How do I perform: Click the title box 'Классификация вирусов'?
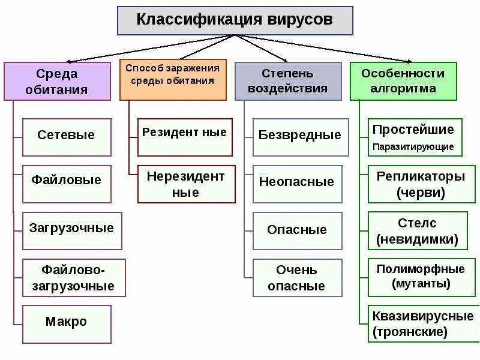point(235,20)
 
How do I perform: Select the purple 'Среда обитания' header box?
point(58,81)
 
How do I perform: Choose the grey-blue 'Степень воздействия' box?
point(287,80)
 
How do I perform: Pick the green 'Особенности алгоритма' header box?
point(403,80)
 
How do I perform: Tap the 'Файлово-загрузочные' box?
point(74,277)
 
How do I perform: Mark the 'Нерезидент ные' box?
point(186,184)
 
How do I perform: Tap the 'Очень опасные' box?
point(297,277)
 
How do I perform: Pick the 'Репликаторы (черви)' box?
point(421,185)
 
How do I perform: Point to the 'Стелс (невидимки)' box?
point(418,231)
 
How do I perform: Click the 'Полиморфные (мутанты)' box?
point(421,277)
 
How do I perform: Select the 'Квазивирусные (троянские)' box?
point(422,323)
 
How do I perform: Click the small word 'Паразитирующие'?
point(413,146)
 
